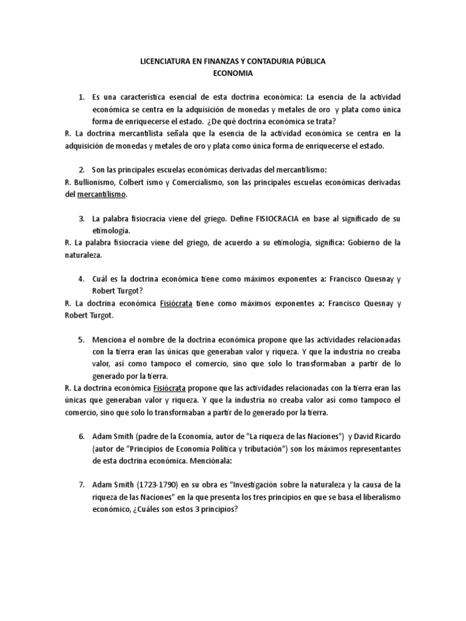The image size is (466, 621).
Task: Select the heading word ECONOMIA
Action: [232, 74]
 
